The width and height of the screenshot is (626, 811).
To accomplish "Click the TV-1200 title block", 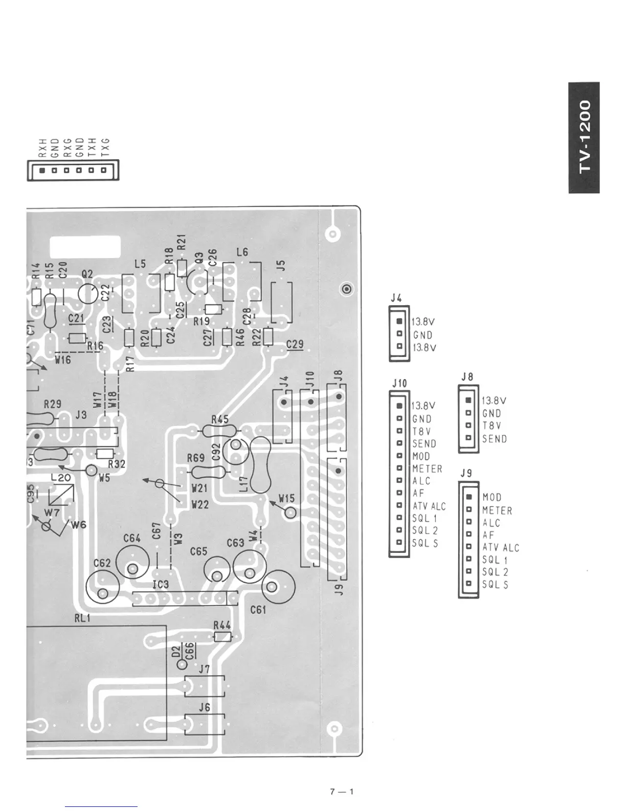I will (584, 137).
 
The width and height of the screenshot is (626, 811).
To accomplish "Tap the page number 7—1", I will (342, 791).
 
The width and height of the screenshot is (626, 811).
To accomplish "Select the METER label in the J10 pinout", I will (427, 468).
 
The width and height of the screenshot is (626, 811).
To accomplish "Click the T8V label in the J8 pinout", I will (491, 425).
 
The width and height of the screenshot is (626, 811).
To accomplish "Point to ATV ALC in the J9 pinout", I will (500, 547).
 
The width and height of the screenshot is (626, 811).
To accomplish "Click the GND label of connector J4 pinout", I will (422, 335).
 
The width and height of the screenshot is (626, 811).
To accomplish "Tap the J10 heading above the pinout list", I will (399, 382).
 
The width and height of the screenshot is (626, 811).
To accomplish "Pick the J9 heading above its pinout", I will (466, 473).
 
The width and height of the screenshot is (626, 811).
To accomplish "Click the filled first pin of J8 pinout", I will (468, 400).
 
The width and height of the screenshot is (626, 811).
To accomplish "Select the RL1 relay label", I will (82, 618).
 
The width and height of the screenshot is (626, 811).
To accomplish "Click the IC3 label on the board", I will (160, 584).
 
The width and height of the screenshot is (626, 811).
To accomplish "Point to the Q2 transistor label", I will (87, 274).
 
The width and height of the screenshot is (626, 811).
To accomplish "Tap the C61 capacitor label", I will (258, 610).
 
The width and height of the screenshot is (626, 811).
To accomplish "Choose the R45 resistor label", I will (220, 419).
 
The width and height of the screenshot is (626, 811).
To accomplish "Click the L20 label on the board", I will (61, 478).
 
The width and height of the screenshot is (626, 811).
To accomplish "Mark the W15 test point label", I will (286, 498).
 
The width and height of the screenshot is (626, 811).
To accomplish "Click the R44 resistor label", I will (222, 625).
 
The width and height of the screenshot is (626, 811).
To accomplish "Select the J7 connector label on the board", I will (204, 669).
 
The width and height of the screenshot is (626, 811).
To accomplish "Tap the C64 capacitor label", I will (132, 538).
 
